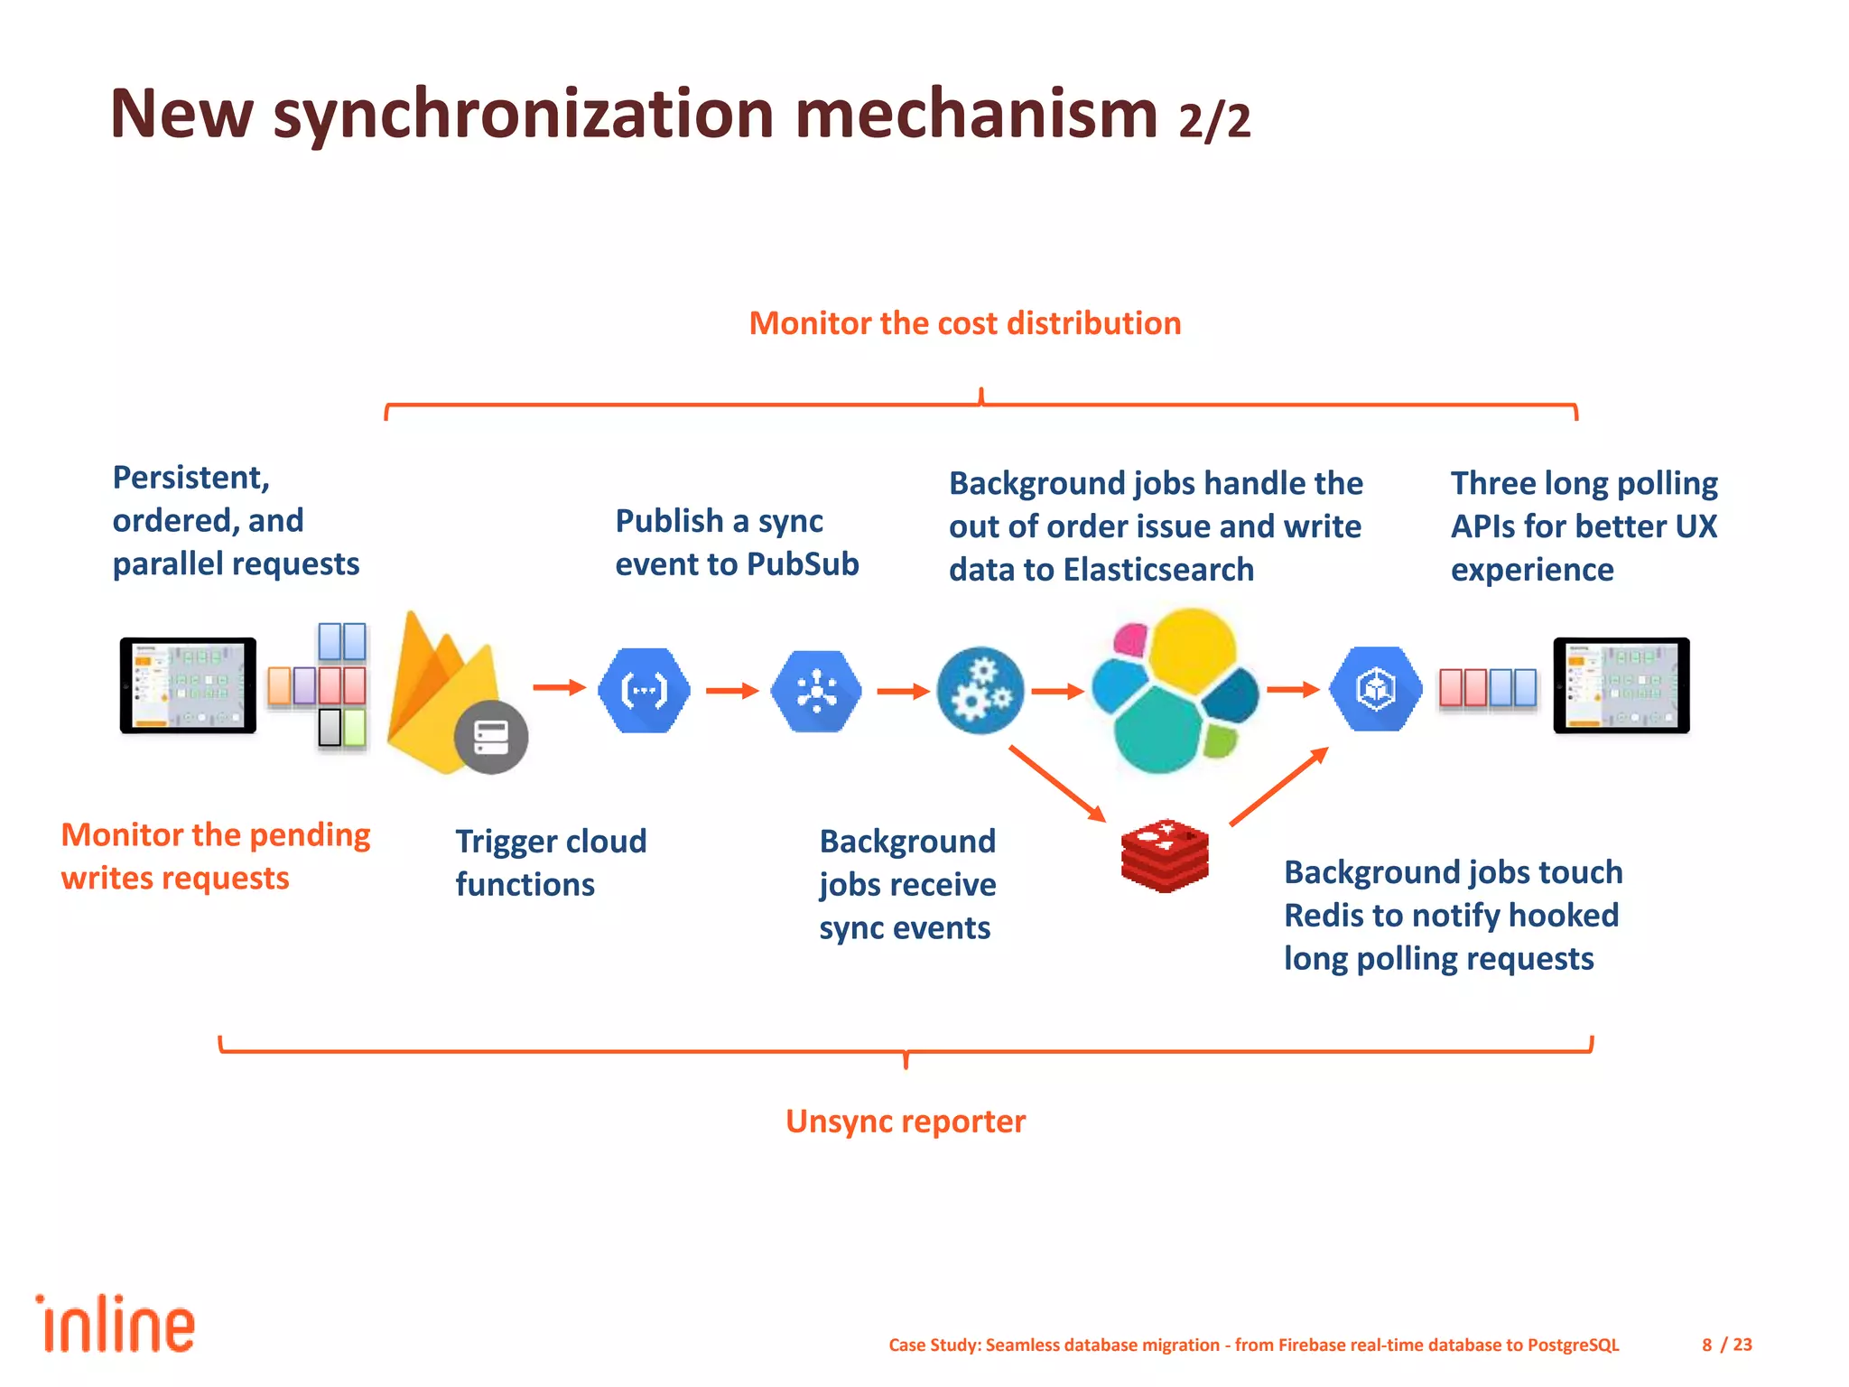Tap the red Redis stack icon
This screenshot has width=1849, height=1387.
click(1165, 856)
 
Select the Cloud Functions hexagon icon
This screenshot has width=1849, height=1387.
click(644, 691)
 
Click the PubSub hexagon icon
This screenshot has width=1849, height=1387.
click(816, 691)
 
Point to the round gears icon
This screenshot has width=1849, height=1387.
click(980, 691)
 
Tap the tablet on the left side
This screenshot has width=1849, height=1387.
click(188, 684)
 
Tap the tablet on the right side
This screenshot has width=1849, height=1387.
click(1621, 684)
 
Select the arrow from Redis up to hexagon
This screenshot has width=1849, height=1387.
click(1278, 786)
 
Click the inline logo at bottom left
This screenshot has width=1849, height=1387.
click(116, 1325)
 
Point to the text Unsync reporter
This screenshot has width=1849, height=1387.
click(906, 1122)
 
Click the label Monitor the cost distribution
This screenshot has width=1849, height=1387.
click(964, 323)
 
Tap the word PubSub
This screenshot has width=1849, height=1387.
click(803, 564)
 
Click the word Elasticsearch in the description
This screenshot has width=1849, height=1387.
click(1158, 570)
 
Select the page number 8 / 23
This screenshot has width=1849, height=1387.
click(1726, 1345)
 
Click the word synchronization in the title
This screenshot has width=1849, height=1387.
click(524, 115)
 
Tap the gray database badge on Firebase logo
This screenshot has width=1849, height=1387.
click(491, 737)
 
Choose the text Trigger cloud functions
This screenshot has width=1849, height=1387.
click(551, 862)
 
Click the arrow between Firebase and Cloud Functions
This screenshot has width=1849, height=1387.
click(559, 688)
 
